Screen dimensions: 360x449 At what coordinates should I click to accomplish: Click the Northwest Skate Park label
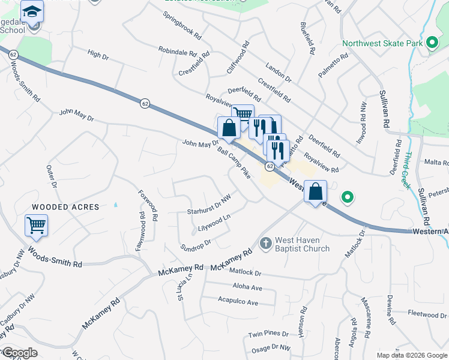tap(381, 43)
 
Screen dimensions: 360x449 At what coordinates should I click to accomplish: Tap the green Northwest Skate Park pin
tap(432, 43)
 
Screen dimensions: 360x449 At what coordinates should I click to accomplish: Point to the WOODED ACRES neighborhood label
tap(65, 207)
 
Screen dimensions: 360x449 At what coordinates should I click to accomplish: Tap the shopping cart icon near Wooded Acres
tap(36, 226)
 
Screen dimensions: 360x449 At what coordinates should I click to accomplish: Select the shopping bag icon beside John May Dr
tap(229, 127)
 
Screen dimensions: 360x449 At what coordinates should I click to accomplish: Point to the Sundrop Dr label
tap(196, 245)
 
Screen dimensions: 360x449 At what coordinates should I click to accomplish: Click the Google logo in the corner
tap(20, 353)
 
